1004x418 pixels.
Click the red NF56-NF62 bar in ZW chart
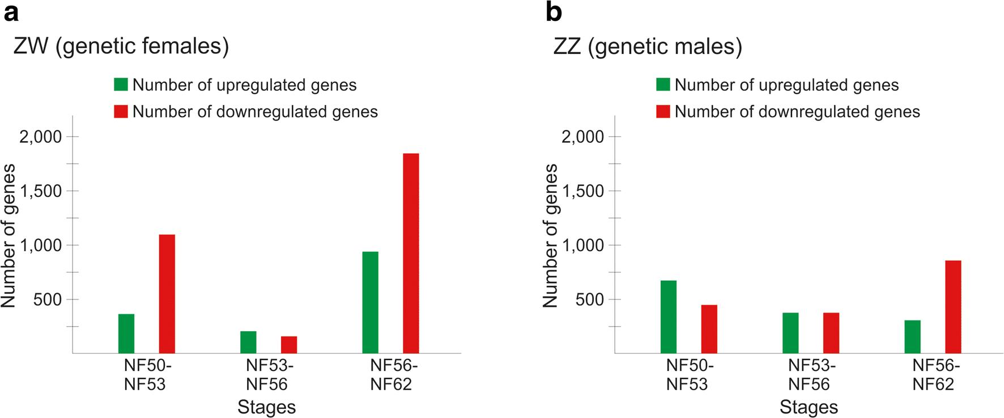[411, 254]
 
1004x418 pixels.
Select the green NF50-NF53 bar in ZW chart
[126, 333]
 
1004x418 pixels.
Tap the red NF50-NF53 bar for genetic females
[167, 294]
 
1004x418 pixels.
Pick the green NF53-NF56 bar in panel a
[248, 342]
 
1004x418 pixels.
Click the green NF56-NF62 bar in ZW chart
[370, 302]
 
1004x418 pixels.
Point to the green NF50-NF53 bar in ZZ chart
[669, 316]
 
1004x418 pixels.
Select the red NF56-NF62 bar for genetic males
[953, 307]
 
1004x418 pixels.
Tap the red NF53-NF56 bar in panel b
[831, 333]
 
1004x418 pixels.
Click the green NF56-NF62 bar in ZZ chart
[912, 337]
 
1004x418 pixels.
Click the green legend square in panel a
[121, 85]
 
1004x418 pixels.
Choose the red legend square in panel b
[663, 111]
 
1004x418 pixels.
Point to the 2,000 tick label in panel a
[40, 137]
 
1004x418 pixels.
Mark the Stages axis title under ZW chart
[266, 407]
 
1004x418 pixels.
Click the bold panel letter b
[554, 12]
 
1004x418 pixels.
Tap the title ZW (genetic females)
[121, 47]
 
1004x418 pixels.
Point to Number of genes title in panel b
[551, 235]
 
